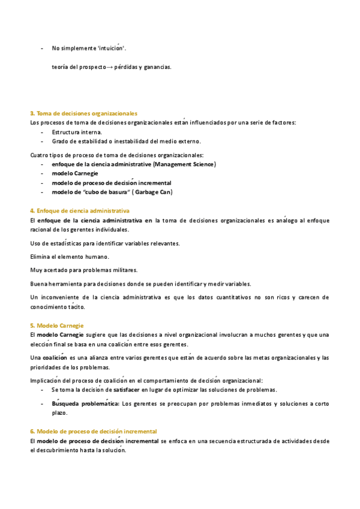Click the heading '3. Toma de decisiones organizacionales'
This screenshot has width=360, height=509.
click(x=84, y=113)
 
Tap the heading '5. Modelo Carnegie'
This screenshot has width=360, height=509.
click(x=57, y=325)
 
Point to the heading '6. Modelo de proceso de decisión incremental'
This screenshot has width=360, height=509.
click(x=94, y=432)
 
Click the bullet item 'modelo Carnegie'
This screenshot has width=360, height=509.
click(x=75, y=173)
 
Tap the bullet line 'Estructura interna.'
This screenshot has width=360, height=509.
click(x=77, y=132)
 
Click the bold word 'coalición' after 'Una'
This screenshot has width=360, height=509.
click(x=55, y=358)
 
